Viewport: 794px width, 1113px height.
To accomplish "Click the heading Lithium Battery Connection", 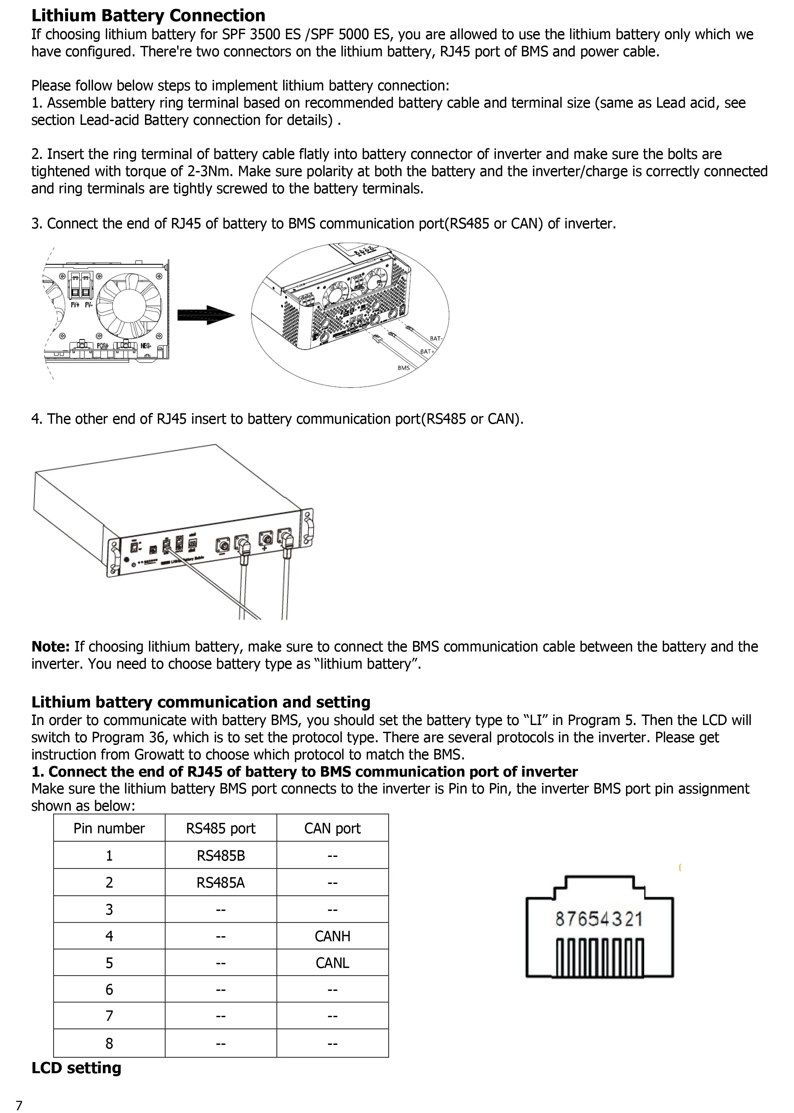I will click(x=148, y=16).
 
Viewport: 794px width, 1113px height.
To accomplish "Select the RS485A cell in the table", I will click(x=220, y=883).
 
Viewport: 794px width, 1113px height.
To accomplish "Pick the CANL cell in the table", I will click(x=332, y=963).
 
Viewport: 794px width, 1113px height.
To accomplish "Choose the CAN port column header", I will click(x=332, y=828).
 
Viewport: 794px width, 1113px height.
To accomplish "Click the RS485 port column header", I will click(x=220, y=828).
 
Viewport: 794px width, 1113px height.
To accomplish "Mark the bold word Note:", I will click(x=51, y=647).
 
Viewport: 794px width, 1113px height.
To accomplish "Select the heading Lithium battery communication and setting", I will click(x=201, y=702).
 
